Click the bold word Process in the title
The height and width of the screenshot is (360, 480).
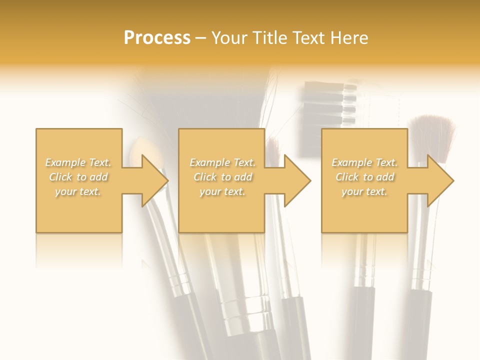[x=157, y=37]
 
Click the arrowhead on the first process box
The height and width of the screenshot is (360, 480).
[x=154, y=180]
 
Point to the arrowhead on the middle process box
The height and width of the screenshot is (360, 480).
[x=297, y=180]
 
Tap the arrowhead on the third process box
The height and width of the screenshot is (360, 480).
[x=440, y=180]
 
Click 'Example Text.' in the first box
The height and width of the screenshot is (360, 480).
[x=78, y=162]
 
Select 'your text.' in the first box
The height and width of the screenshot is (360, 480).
[x=78, y=191]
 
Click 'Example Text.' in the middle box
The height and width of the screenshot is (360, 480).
[x=222, y=162]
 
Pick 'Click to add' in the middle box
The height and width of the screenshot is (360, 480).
[x=222, y=177]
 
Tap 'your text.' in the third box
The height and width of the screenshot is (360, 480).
[x=364, y=191]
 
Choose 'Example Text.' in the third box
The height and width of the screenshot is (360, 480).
[x=364, y=162]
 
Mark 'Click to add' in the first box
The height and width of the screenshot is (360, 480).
[x=78, y=177]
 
